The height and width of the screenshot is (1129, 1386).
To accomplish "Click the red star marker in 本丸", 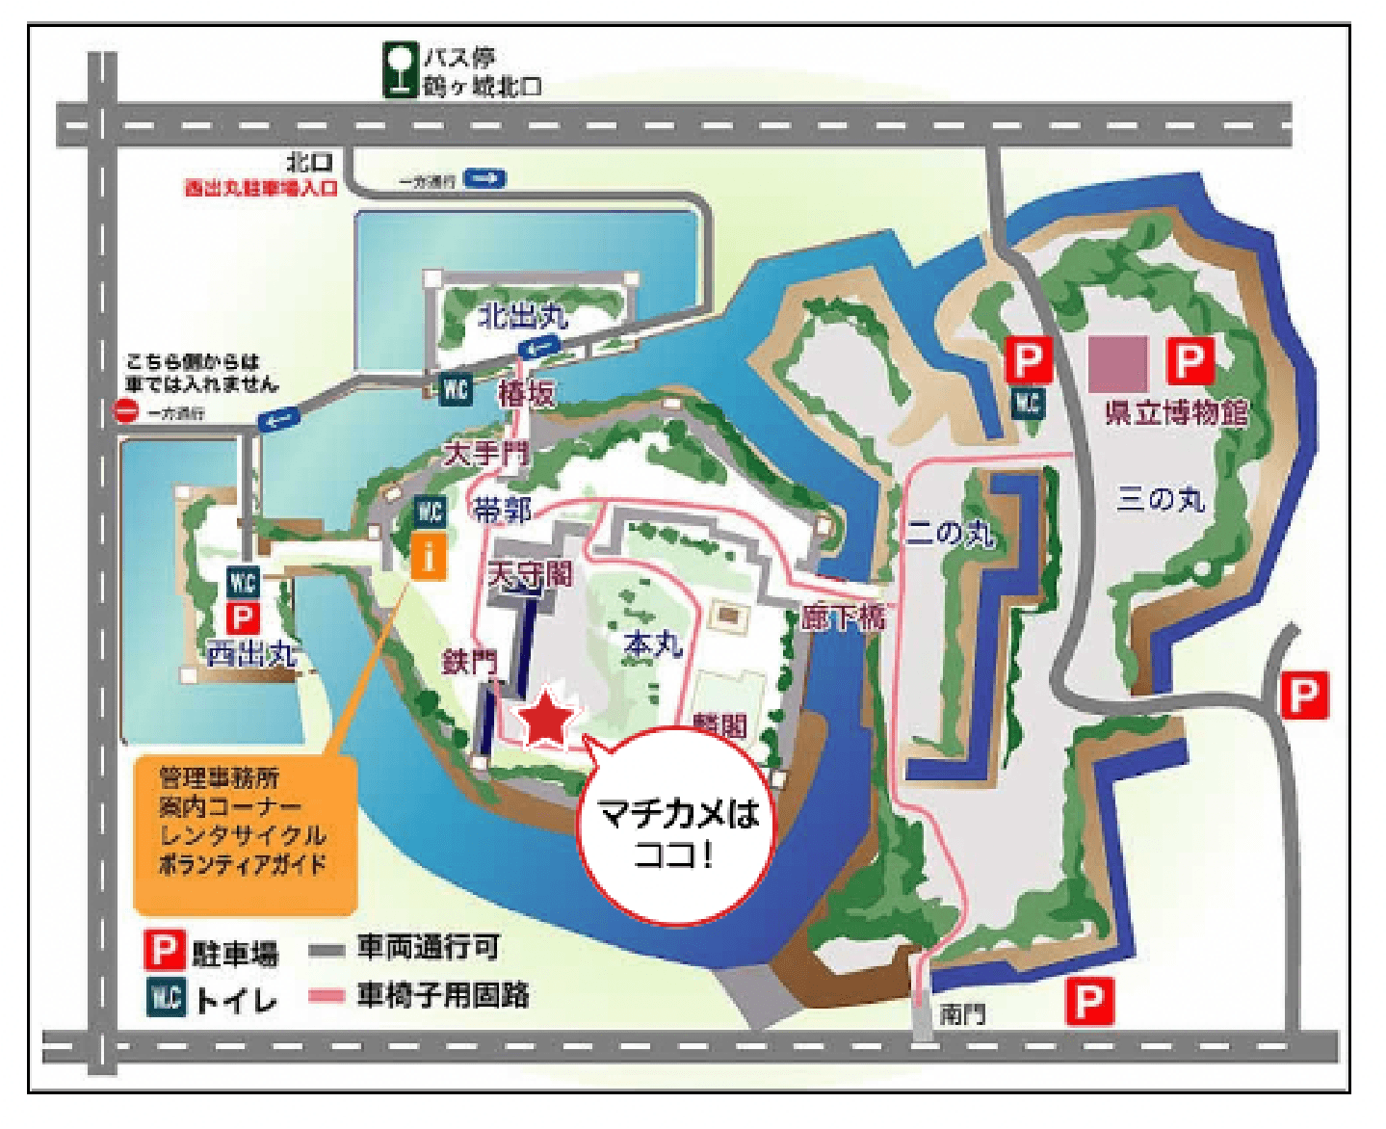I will (x=546, y=718).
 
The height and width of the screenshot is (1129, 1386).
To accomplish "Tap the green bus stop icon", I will (x=399, y=69).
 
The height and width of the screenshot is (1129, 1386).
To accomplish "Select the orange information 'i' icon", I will (x=429, y=556).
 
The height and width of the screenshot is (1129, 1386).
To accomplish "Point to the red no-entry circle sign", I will (x=127, y=411).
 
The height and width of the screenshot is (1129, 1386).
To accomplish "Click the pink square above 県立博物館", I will (x=1117, y=363).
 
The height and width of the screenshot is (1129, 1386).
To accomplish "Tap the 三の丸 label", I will (x=1160, y=499).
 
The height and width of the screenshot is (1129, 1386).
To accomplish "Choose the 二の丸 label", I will (x=950, y=532).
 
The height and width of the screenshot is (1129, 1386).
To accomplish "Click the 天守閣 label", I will (x=529, y=574).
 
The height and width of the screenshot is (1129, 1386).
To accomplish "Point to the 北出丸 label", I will (x=522, y=315).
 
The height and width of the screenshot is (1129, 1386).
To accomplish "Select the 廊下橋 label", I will (x=843, y=616).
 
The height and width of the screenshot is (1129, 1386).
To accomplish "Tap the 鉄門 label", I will (x=469, y=661).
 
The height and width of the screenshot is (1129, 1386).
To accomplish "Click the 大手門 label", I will (x=486, y=453).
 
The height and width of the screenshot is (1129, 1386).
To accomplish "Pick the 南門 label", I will (x=962, y=1013).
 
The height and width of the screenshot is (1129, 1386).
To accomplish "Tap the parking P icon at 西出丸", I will (x=242, y=617).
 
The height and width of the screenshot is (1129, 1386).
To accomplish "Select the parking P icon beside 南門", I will (x=1089, y=1001).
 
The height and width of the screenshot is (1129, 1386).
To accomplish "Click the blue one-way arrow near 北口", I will (x=484, y=178).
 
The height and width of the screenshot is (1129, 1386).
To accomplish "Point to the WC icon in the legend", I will (x=165, y=997).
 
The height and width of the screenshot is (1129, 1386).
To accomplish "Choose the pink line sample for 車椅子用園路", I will (x=327, y=995).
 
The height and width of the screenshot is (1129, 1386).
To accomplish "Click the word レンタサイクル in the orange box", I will (x=243, y=834).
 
